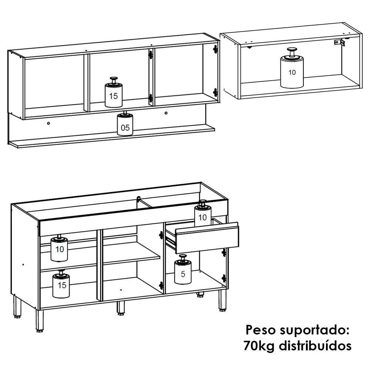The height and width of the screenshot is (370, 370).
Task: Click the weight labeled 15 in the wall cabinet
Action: coord(113,95)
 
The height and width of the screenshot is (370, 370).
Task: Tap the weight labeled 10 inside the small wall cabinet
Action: coord(292,72)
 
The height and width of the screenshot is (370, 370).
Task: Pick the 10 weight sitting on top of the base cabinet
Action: coord(202,215)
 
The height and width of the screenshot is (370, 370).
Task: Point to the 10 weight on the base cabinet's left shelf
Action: coord(59,249)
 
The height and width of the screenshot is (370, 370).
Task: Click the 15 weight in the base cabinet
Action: coord(61,285)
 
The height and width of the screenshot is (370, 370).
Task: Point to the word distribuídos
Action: coord(314,346)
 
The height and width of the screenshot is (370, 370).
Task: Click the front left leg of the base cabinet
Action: coord(39,320)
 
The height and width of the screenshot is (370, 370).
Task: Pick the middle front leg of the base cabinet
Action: coord(121,307)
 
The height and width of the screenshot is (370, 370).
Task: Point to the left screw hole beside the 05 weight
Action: coord(48,123)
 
